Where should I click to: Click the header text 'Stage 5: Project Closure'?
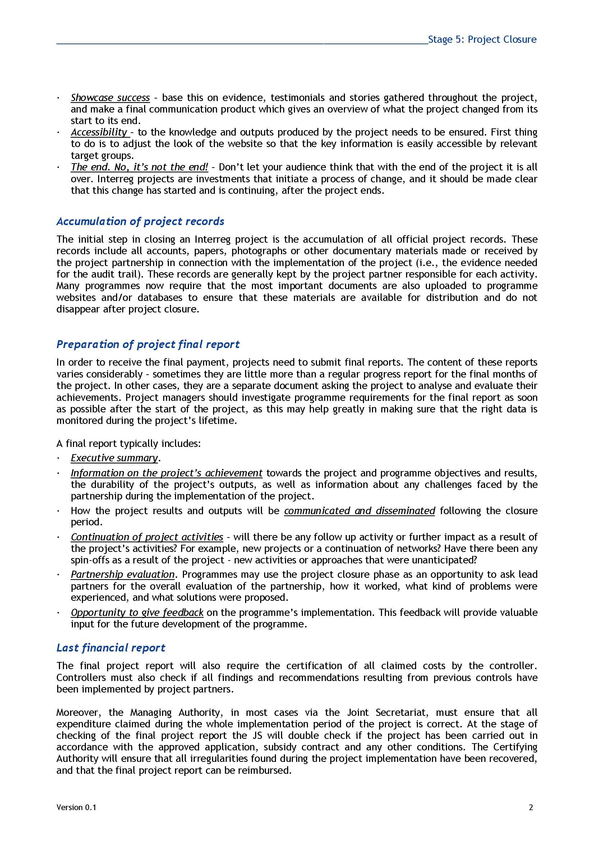(x=482, y=40)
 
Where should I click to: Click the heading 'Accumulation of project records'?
(x=140, y=221)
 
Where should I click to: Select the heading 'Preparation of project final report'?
(x=148, y=344)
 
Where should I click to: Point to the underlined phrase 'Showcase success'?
(x=110, y=98)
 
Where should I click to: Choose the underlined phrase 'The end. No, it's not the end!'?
(x=139, y=168)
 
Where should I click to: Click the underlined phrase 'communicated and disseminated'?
(x=359, y=511)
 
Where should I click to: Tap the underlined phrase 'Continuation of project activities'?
(x=147, y=537)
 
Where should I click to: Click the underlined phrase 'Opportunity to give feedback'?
(x=137, y=612)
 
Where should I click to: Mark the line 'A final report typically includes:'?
(x=128, y=444)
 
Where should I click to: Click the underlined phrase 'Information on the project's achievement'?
(x=166, y=473)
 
